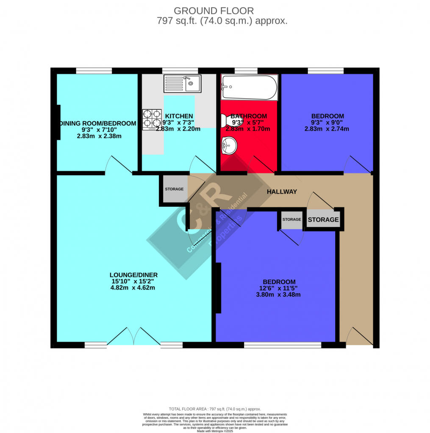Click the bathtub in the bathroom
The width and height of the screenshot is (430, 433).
(249, 88)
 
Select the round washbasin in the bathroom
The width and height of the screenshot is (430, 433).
(229, 146)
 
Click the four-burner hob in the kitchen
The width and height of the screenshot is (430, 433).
(152, 119)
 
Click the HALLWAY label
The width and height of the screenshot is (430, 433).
(282, 192)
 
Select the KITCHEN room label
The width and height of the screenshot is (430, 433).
(179, 116)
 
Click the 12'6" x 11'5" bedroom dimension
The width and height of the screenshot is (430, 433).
(278, 288)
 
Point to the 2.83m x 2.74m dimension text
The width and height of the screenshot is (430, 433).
(327, 129)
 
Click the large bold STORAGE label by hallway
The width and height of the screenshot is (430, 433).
(323, 219)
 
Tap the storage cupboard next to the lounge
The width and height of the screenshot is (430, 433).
(174, 189)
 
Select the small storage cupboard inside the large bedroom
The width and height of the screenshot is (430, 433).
(291, 219)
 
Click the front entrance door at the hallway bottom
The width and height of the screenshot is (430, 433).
(360, 337)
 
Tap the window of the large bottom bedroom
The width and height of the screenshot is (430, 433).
(282, 345)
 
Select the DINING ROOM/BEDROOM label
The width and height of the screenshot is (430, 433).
(98, 123)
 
